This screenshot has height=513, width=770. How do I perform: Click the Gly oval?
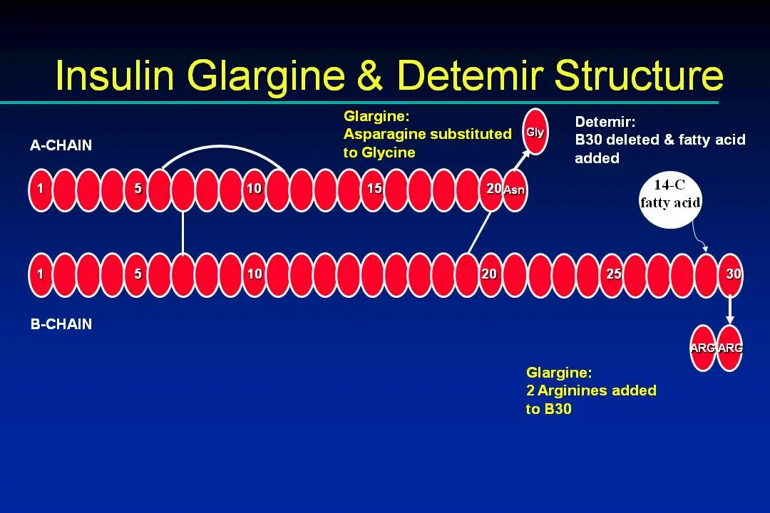pyautogui.click(x=535, y=132)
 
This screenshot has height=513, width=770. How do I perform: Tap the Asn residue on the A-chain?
pyautogui.click(x=515, y=190)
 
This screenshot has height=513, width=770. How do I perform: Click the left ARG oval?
pyautogui.click(x=703, y=348)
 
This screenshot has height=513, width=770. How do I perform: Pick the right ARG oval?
pyautogui.click(x=729, y=348)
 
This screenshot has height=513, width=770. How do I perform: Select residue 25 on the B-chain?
pyautogui.click(x=612, y=275)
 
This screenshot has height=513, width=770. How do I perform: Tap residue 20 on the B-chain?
pyautogui.click(x=491, y=275)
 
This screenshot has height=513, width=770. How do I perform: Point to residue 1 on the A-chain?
pyautogui.click(x=41, y=190)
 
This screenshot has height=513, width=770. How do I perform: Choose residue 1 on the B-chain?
pyautogui.click(x=41, y=275)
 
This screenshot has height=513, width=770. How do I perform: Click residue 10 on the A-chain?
pyautogui.click(x=255, y=190)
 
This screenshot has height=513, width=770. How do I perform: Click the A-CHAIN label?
pyautogui.click(x=61, y=145)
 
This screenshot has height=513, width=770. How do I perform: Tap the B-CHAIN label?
pyautogui.click(x=61, y=324)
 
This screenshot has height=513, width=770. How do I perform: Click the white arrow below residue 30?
pyautogui.click(x=730, y=309)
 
